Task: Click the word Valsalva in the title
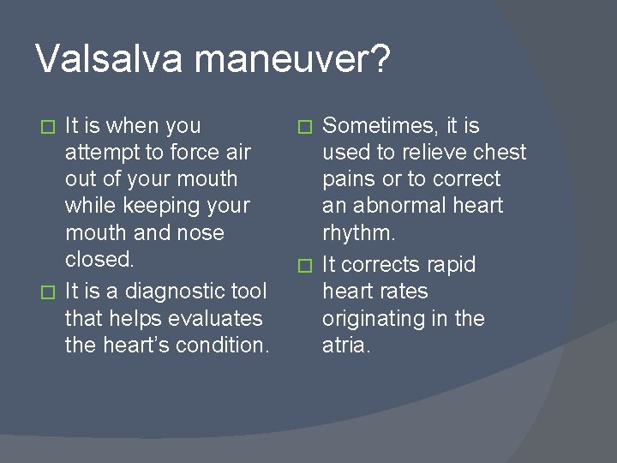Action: click(x=109, y=59)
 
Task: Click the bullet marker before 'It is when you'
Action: click(x=49, y=127)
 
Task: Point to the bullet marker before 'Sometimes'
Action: click(x=306, y=127)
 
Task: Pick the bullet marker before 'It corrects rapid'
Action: click(x=306, y=266)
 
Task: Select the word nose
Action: click(x=197, y=232)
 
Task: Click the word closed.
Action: click(x=99, y=259)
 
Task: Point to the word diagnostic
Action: click(x=160, y=292)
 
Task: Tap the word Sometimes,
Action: click(x=380, y=126)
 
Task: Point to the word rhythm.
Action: click(x=358, y=232)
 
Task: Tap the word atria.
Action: click(x=346, y=346)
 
